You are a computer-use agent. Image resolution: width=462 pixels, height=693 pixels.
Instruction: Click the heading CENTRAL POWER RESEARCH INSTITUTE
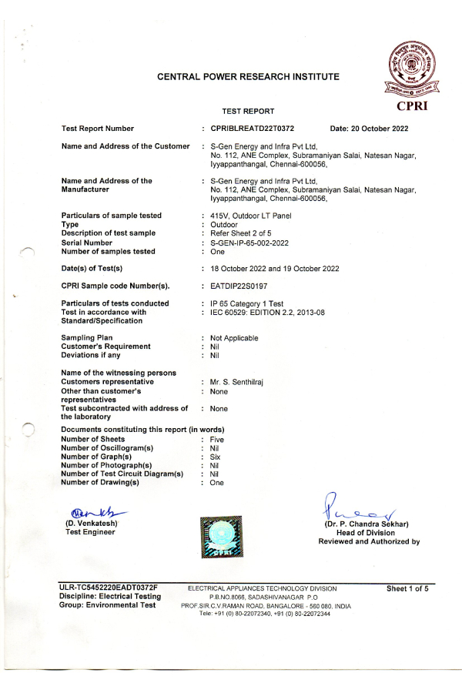(x=248, y=76)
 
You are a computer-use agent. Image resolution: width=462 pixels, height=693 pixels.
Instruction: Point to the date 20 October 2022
(x=369, y=129)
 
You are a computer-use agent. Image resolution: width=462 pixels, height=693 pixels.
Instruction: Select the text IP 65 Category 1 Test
(x=246, y=303)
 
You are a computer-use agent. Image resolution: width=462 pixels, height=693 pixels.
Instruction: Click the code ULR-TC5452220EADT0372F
(x=108, y=588)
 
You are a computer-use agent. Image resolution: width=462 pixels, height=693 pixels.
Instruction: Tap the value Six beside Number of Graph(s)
(x=216, y=457)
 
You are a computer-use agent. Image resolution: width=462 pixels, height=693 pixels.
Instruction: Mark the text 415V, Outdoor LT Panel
(x=251, y=215)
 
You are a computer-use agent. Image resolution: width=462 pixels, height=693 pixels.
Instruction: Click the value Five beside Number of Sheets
(x=217, y=440)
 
